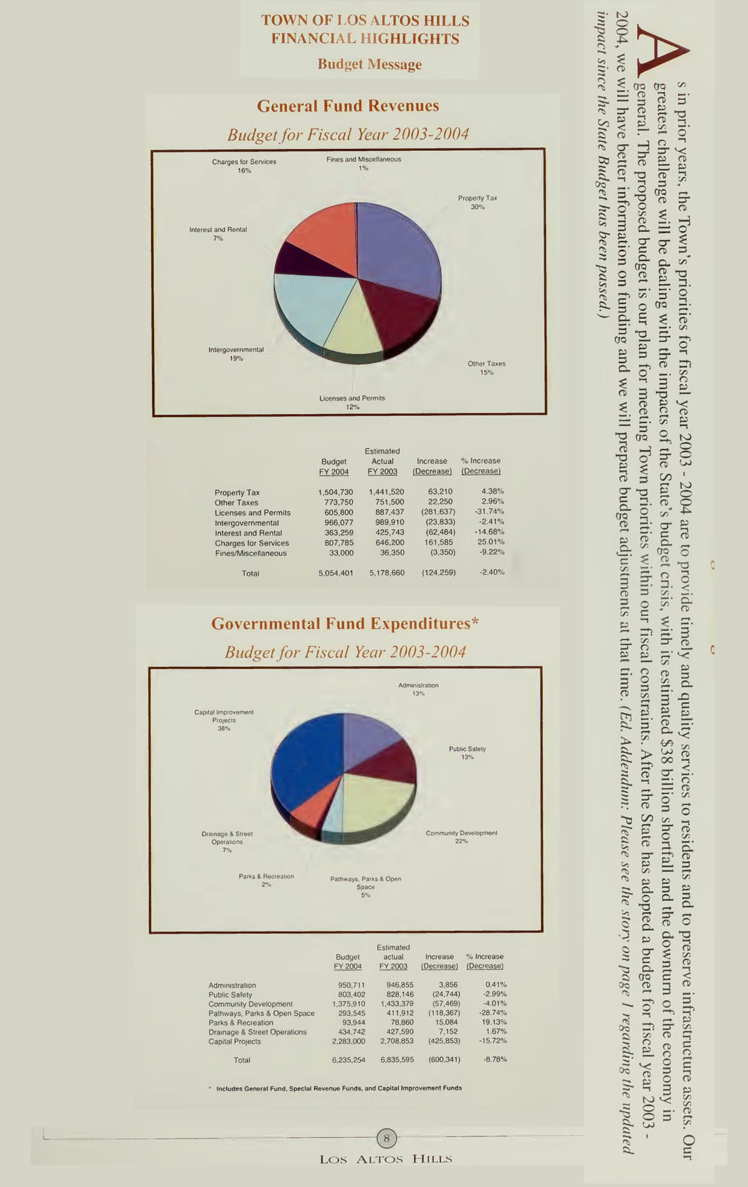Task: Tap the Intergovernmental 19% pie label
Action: click(236, 354)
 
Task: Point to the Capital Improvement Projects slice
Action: click(305, 767)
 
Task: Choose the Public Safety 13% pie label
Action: click(467, 752)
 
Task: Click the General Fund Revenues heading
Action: click(348, 106)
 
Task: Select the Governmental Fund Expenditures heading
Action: click(345, 624)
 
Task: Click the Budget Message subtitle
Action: click(370, 64)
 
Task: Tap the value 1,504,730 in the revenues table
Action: click(335, 493)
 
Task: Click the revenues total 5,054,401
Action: click(335, 573)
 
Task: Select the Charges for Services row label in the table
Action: click(252, 543)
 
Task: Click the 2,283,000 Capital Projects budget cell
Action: click(348, 1042)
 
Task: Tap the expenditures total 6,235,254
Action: click(348, 1060)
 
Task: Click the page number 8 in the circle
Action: click(386, 1139)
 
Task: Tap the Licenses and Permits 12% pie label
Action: click(352, 402)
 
